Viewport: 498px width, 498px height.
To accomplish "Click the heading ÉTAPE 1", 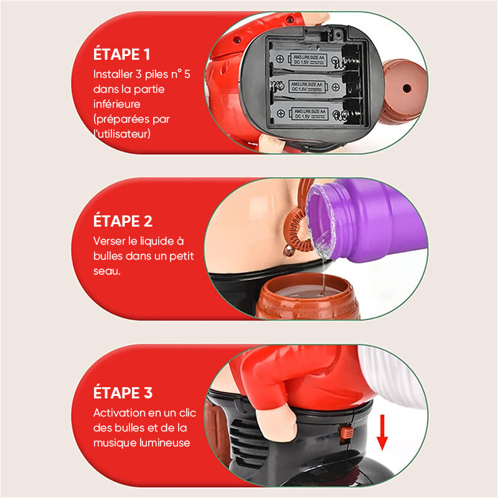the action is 121,54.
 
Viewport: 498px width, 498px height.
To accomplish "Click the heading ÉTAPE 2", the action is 123,221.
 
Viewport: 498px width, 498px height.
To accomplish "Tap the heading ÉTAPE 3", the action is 123,392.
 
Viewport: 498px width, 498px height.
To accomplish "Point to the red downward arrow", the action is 382,432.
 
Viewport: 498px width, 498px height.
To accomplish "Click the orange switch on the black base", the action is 346,433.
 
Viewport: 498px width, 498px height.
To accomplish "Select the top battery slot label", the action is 309,60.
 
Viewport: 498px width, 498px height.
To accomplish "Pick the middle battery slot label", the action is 306,87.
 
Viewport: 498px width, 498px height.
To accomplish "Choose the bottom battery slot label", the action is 309,114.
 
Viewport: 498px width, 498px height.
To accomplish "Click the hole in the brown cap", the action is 406,88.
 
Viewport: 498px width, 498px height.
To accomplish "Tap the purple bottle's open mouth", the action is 320,219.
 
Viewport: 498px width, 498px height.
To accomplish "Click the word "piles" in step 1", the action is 156,74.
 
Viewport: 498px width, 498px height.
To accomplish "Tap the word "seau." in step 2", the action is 107,271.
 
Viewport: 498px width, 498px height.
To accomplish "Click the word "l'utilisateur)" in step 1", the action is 122,134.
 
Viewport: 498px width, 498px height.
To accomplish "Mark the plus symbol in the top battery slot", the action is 280,59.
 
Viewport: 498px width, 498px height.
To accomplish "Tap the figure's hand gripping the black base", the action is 277,420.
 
